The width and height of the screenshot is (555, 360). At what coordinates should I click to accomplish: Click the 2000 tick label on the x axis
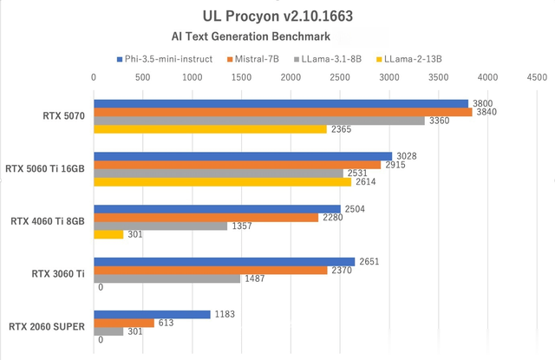291,77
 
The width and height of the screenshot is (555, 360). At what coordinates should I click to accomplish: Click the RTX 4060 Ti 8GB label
48,221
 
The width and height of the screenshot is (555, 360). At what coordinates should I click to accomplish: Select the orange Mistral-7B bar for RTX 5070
283,112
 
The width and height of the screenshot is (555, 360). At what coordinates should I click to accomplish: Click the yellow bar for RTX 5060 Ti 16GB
222,182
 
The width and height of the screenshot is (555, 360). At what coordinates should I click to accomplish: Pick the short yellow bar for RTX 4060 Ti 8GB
108,234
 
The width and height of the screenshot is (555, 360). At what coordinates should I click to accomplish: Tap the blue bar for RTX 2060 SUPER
152,314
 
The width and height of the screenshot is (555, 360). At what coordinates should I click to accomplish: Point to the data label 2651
369,261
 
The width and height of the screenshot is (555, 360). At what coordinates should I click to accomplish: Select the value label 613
166,323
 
